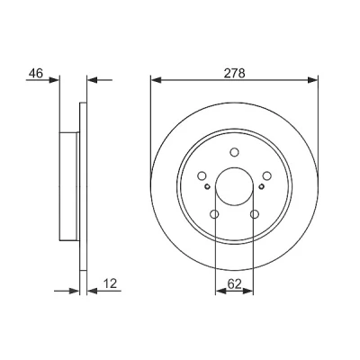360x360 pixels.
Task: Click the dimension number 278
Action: [x=235, y=73]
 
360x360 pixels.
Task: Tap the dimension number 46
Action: [x=36, y=73]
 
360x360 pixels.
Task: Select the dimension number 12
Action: [x=110, y=283]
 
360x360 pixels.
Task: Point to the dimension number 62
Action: [x=234, y=284]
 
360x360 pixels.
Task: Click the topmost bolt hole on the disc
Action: [x=234, y=152]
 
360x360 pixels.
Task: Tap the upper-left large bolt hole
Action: [x=202, y=175]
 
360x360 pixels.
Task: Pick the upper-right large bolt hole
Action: [x=266, y=175]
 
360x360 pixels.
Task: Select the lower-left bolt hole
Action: [x=215, y=214]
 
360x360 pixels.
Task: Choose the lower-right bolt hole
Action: [x=255, y=214]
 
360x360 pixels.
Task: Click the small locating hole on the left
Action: [x=207, y=186]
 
